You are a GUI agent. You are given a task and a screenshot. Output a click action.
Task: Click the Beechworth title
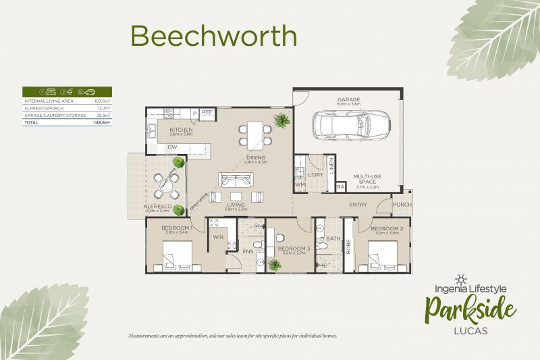213,36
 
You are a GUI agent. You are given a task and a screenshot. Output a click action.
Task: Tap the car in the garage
351,124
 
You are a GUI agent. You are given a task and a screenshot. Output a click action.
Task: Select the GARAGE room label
349,99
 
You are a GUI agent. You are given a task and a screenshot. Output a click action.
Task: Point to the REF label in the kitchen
207,112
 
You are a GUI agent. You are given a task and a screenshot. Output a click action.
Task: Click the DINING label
256,156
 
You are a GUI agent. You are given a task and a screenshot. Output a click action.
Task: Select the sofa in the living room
235,180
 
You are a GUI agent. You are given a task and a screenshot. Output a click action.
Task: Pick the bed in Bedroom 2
383,256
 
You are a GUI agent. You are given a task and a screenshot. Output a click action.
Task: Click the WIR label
219,237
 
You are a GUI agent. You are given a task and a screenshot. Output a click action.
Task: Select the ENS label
248,252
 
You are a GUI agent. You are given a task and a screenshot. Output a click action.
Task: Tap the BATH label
333,238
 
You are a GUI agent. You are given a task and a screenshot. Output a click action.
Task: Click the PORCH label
402,205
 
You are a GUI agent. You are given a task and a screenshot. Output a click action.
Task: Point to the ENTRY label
358,205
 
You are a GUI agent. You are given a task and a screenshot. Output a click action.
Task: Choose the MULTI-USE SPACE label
367,179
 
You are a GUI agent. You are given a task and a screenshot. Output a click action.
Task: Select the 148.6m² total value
103,124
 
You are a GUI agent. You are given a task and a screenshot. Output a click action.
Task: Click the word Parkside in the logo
470,310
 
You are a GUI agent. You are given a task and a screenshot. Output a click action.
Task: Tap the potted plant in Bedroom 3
275,265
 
